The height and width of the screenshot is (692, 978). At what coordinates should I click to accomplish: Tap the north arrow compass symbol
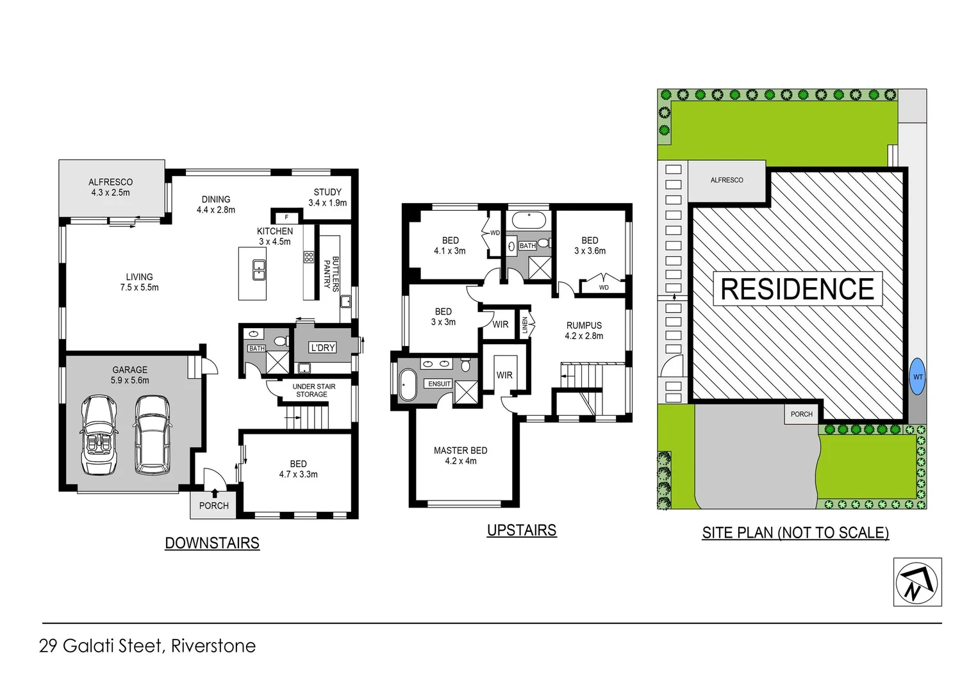pos(917,582)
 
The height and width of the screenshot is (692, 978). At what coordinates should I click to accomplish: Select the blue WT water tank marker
pos(918,377)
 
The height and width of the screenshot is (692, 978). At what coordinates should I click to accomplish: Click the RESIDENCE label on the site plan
pos(797,289)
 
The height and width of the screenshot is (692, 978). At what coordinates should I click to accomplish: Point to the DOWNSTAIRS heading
pos(212,543)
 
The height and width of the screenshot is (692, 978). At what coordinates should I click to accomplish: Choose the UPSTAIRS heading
pos(522,530)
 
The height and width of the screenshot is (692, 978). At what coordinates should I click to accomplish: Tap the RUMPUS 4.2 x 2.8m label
pos(584,331)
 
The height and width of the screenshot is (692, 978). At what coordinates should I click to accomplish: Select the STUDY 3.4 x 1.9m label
pos(327,197)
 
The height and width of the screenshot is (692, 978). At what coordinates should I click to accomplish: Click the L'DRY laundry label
pos(322,347)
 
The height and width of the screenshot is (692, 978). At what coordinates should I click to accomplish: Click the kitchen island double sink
pos(259,270)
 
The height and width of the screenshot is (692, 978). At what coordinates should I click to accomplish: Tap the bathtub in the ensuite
pos(408,384)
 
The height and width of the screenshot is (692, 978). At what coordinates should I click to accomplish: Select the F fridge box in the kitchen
pos(286,217)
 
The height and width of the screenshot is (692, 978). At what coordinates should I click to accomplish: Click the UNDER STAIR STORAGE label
pos(313,390)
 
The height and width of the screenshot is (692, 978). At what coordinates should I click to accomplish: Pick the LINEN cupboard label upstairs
pos(525,325)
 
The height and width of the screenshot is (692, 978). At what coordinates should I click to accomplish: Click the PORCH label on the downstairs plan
pos(213,506)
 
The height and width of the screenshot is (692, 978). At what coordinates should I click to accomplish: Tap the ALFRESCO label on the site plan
pos(727,180)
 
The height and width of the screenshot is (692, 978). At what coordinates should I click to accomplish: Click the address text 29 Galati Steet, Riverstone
pos(147,645)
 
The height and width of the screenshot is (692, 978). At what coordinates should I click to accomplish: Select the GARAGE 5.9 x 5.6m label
pos(129,375)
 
